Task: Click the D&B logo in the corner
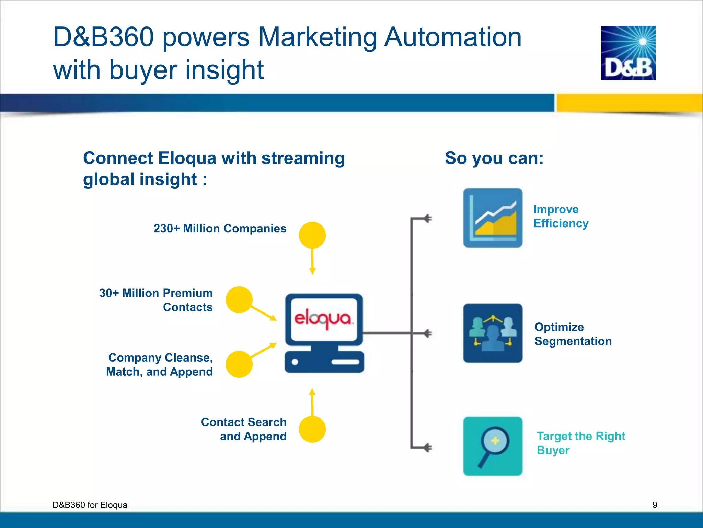point(628,53)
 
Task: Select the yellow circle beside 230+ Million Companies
point(312,235)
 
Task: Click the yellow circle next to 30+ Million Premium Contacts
point(239,300)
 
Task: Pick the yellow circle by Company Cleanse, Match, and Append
point(239,364)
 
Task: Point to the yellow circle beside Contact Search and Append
point(312,429)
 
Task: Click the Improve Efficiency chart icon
point(493,218)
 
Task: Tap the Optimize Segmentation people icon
point(493,333)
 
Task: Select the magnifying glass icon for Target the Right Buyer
point(493,446)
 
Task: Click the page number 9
point(655,505)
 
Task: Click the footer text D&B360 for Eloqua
point(90,505)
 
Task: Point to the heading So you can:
point(494,158)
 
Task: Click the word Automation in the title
point(452,37)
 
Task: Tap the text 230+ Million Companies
point(220,228)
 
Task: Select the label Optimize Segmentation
point(573,334)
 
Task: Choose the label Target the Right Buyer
point(580,443)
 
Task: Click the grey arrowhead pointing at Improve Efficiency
point(427,218)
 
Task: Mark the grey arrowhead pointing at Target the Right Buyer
point(427,448)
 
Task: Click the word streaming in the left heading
point(303,158)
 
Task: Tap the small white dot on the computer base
point(295,362)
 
